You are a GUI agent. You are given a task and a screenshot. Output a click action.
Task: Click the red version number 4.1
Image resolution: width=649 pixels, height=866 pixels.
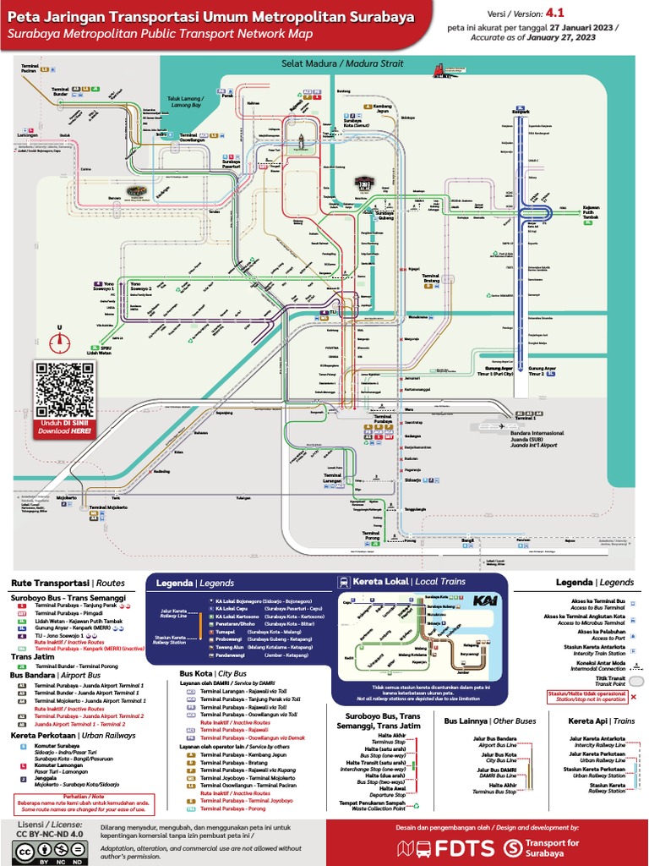[554, 14]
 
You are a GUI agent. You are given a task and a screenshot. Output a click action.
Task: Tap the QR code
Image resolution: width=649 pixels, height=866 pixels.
[64, 388]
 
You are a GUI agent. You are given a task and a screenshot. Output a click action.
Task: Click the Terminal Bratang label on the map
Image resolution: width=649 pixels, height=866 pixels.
[431, 278]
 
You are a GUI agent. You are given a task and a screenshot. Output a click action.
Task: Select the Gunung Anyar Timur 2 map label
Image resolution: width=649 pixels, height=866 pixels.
[548, 370]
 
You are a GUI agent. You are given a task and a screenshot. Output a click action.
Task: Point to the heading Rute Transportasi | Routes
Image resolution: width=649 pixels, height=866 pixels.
[68, 583]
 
